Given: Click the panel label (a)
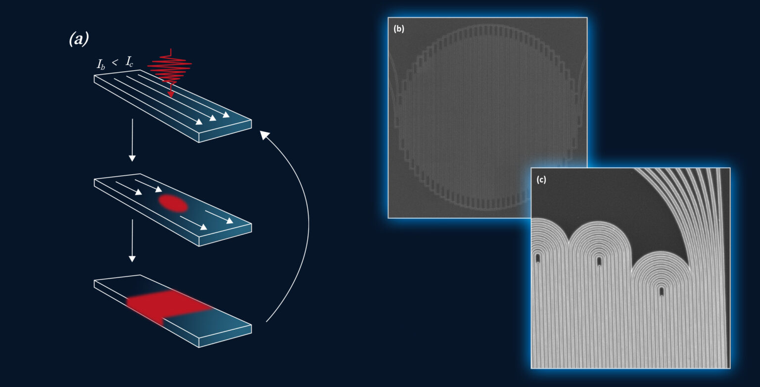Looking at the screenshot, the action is coord(79,39).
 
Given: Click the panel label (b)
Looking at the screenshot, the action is coord(399,29).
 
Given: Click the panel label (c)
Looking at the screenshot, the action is coord(541,179).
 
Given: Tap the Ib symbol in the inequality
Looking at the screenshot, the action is coord(101,64).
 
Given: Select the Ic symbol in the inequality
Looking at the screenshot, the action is coord(129,62).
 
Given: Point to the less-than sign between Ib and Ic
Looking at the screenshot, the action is coord(115,62).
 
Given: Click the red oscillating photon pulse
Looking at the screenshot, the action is coord(170,66).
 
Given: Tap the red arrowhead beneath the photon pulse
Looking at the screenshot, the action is coord(171,94).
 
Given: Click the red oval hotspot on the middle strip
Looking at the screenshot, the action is coord(173,203).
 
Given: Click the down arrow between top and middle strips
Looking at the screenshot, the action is coord(132,140).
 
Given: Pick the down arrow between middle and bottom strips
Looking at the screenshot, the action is coord(132,241).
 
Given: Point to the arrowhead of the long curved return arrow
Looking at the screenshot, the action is coord(264,135).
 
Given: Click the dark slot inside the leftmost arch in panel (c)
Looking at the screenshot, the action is coord(538,258).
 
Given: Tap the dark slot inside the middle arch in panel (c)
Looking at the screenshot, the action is coord(599,261).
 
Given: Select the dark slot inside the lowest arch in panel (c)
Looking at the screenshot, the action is coord(661,291).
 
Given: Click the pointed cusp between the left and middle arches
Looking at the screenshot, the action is coord(569,242).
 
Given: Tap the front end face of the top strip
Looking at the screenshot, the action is coord(225,131).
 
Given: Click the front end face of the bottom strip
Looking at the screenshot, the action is coord(225,336).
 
